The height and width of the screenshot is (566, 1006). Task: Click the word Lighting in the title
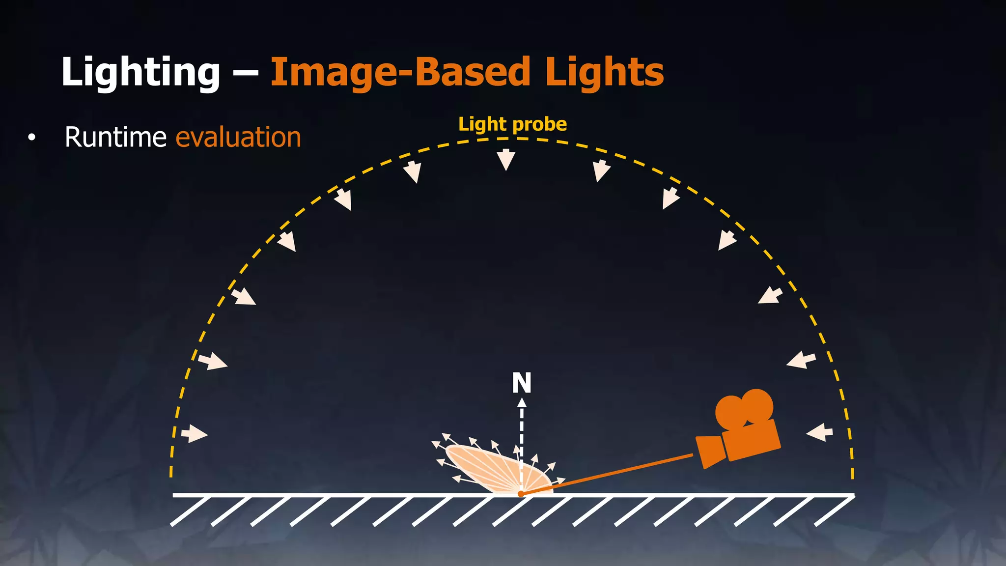pos(140,73)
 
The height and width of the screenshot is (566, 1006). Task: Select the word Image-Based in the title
pos(400,73)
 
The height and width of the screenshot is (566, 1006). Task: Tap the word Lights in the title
pos(604,73)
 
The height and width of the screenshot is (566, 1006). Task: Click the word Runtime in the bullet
pos(115,137)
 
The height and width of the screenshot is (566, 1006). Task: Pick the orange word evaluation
pos(238,137)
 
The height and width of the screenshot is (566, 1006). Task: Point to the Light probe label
pos(512,124)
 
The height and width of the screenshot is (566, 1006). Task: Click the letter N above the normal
pos(522,383)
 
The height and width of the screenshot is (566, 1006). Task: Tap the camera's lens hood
pos(710,451)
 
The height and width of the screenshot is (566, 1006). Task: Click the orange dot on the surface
pos(521,493)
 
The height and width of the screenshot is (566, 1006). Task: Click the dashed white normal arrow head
pos(522,402)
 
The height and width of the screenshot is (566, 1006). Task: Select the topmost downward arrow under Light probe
pos(506,160)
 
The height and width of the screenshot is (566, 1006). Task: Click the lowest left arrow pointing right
pos(195,434)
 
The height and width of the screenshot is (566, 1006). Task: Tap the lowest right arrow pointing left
pos(820,432)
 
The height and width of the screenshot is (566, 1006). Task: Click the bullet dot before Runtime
pos(32,138)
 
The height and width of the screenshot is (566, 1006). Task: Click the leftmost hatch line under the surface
pos(191,511)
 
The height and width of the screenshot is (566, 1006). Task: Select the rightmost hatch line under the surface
pos(834,511)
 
